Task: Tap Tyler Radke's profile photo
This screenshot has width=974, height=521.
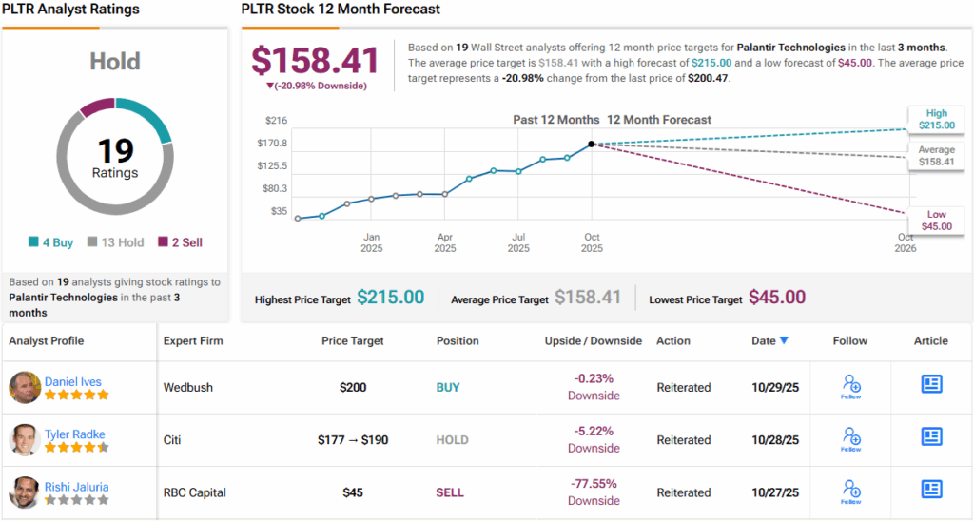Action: (25, 440)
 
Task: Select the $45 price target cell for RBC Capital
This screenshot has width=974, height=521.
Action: (353, 492)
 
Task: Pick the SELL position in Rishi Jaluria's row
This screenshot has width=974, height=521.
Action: (451, 492)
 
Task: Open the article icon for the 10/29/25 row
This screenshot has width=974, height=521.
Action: (931, 384)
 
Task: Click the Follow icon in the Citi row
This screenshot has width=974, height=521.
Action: (850, 438)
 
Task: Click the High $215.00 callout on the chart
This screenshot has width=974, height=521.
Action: (936, 119)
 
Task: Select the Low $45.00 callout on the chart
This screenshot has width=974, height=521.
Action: (936, 220)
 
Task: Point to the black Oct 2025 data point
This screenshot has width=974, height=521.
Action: (592, 144)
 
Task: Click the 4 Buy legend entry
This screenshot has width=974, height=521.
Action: (51, 242)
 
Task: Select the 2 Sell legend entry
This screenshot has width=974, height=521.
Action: (180, 242)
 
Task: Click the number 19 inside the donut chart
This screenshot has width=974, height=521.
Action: (115, 150)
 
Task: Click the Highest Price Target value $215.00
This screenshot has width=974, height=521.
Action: (391, 298)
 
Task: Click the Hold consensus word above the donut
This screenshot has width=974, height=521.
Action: (115, 61)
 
